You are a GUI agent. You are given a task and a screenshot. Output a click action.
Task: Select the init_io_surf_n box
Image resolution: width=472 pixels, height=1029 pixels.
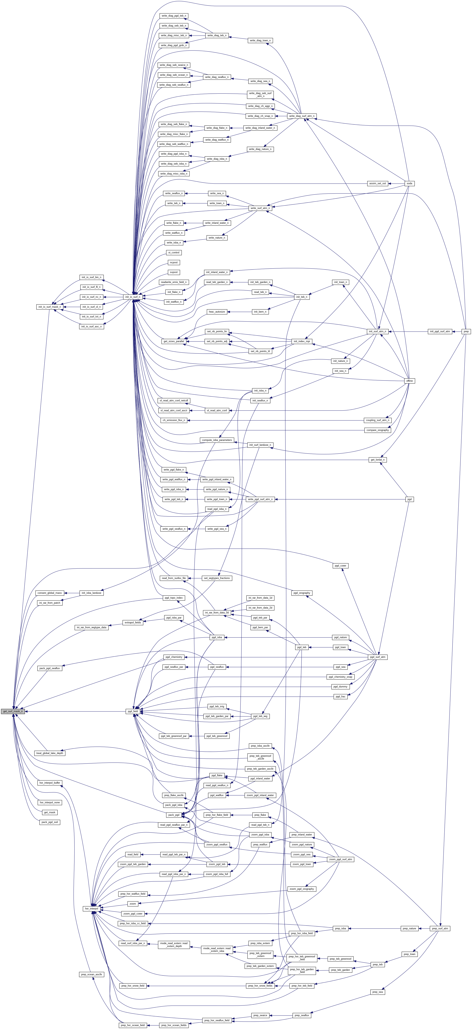click(x=133, y=297)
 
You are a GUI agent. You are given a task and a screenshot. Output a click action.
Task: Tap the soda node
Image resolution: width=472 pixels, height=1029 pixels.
click(x=409, y=183)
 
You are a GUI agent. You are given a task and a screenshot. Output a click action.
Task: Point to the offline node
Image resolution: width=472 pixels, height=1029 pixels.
click(x=409, y=381)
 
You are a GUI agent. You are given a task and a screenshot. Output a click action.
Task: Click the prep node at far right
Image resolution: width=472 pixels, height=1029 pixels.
click(x=466, y=332)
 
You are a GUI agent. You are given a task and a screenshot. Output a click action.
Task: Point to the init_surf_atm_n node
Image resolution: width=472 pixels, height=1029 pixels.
click(x=378, y=332)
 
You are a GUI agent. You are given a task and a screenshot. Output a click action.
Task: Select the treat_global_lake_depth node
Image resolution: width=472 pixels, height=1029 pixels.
click(x=49, y=753)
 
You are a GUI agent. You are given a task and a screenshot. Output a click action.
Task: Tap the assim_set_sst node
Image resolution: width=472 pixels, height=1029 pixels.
click(x=377, y=183)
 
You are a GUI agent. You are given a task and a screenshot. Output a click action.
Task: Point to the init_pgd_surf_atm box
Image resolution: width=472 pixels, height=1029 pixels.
click(x=440, y=332)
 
